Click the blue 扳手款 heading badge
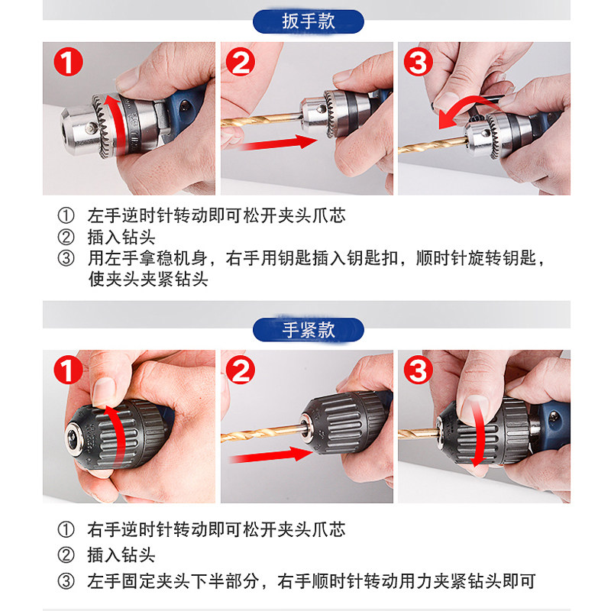309,21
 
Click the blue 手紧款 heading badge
309,330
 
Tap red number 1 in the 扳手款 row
68,62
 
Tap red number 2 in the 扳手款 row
241,62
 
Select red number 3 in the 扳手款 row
418,62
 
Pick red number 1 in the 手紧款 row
68,370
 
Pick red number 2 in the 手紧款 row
241,370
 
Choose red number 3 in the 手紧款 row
418,370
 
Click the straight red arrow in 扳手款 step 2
277,144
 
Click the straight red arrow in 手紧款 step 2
271,455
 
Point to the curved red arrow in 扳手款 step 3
464,106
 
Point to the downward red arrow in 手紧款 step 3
479,433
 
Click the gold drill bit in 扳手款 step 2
262,119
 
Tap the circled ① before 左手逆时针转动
66,215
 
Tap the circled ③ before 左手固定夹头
66,581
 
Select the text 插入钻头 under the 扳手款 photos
121,237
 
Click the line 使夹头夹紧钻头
148,279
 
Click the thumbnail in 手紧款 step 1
128,426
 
